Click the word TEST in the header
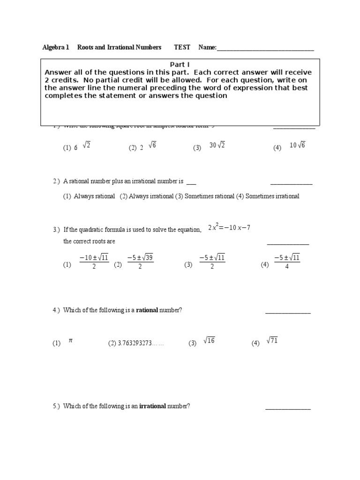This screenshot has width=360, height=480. (182, 47)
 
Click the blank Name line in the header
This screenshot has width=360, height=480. (265, 48)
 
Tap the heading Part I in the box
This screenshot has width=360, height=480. (180, 65)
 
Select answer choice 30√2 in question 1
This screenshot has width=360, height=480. (217, 145)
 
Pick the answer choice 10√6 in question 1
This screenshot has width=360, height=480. (297, 145)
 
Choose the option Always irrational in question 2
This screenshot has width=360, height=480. (146, 196)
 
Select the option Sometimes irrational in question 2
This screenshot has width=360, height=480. (268, 196)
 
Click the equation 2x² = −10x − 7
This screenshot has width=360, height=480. (230, 227)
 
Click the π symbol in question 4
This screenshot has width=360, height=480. (71, 341)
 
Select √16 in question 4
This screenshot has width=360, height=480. (209, 341)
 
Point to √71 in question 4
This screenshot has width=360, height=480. (272, 341)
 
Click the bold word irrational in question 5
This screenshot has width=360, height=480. (152, 406)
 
